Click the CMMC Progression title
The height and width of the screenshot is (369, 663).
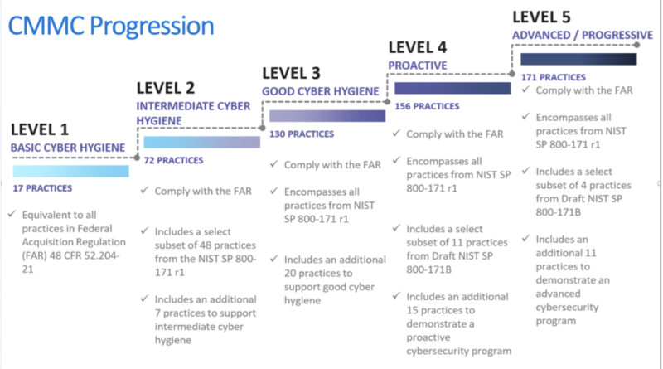[x=111, y=26]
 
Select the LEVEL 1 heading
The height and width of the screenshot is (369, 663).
[x=40, y=129]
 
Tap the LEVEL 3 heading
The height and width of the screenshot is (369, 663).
[x=292, y=73]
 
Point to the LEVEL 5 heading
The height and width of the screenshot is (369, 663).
[x=542, y=17]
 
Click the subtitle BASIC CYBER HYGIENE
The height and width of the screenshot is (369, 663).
[x=68, y=148]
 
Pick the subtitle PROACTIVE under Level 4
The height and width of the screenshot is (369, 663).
[x=418, y=66]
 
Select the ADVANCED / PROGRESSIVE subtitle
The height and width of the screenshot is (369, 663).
[x=583, y=35]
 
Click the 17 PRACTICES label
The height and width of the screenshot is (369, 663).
[x=42, y=188]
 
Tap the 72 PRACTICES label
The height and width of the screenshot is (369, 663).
[x=173, y=160]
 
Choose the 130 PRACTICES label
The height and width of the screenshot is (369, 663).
[x=302, y=134]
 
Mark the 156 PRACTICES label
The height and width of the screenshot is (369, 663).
[x=427, y=106]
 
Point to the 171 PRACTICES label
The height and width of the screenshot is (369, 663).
[x=553, y=77]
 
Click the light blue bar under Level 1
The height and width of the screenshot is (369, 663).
[x=70, y=171]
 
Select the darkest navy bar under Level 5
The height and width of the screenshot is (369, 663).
[x=578, y=59]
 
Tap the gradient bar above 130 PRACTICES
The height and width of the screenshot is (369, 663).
[x=327, y=116]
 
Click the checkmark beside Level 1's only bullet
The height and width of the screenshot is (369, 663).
[x=12, y=214]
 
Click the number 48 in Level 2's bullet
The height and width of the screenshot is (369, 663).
[x=205, y=245]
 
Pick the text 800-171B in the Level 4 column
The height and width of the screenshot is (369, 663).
[x=428, y=269]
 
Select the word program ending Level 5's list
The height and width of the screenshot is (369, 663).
[x=555, y=321]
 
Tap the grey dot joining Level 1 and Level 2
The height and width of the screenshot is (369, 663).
[x=137, y=158]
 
